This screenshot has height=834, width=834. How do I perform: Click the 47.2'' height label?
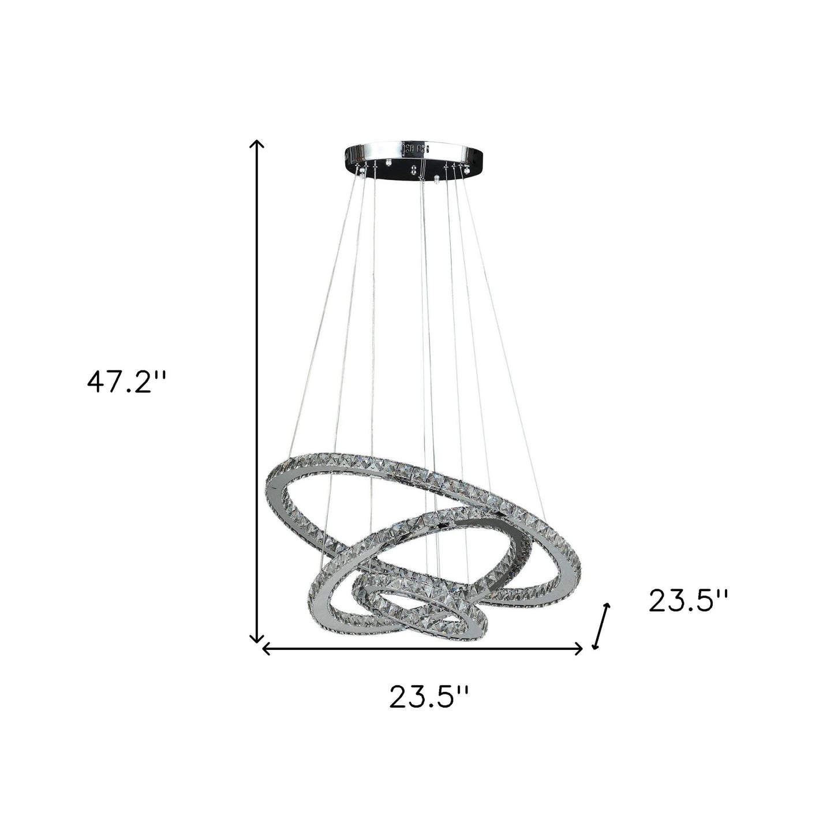[126, 382]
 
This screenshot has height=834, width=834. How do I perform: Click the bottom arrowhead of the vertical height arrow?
[256, 638]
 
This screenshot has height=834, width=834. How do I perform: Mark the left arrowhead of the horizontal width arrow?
[266, 649]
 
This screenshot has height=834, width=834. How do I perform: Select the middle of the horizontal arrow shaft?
[423, 649]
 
